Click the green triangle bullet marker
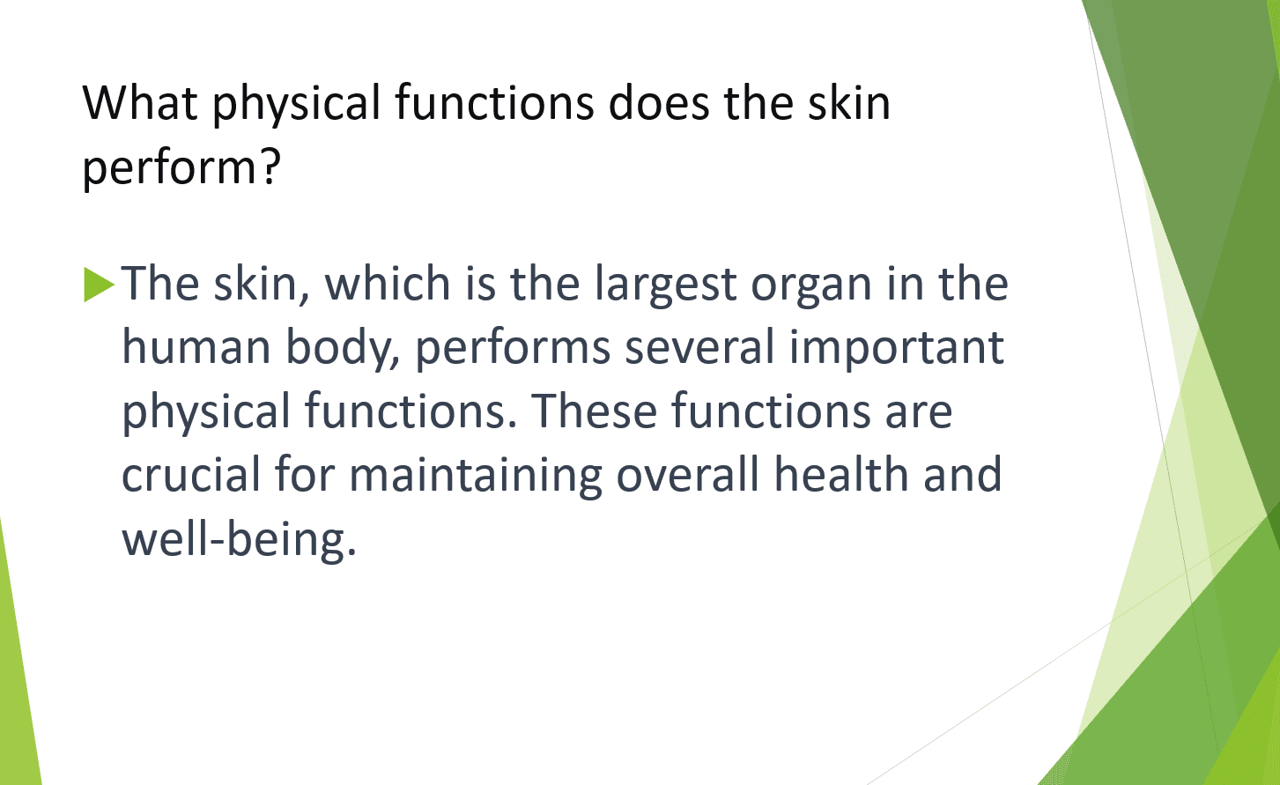[x=99, y=285]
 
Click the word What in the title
[x=140, y=102]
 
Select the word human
[x=196, y=347]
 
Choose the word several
[x=699, y=347]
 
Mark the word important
[x=896, y=349]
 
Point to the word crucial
[x=191, y=475]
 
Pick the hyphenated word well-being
[x=238, y=539]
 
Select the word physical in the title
[x=296, y=104]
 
